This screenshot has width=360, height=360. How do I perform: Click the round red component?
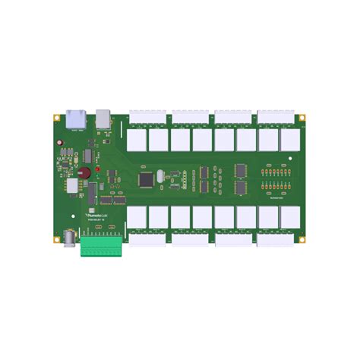(x=86, y=172)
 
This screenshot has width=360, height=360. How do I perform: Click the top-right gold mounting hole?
(x=302, y=118)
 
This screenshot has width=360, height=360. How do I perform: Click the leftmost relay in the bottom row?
(x=137, y=219)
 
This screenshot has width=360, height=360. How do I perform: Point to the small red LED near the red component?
(x=97, y=168)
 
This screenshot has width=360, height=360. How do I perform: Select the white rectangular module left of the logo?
(x=74, y=186)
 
